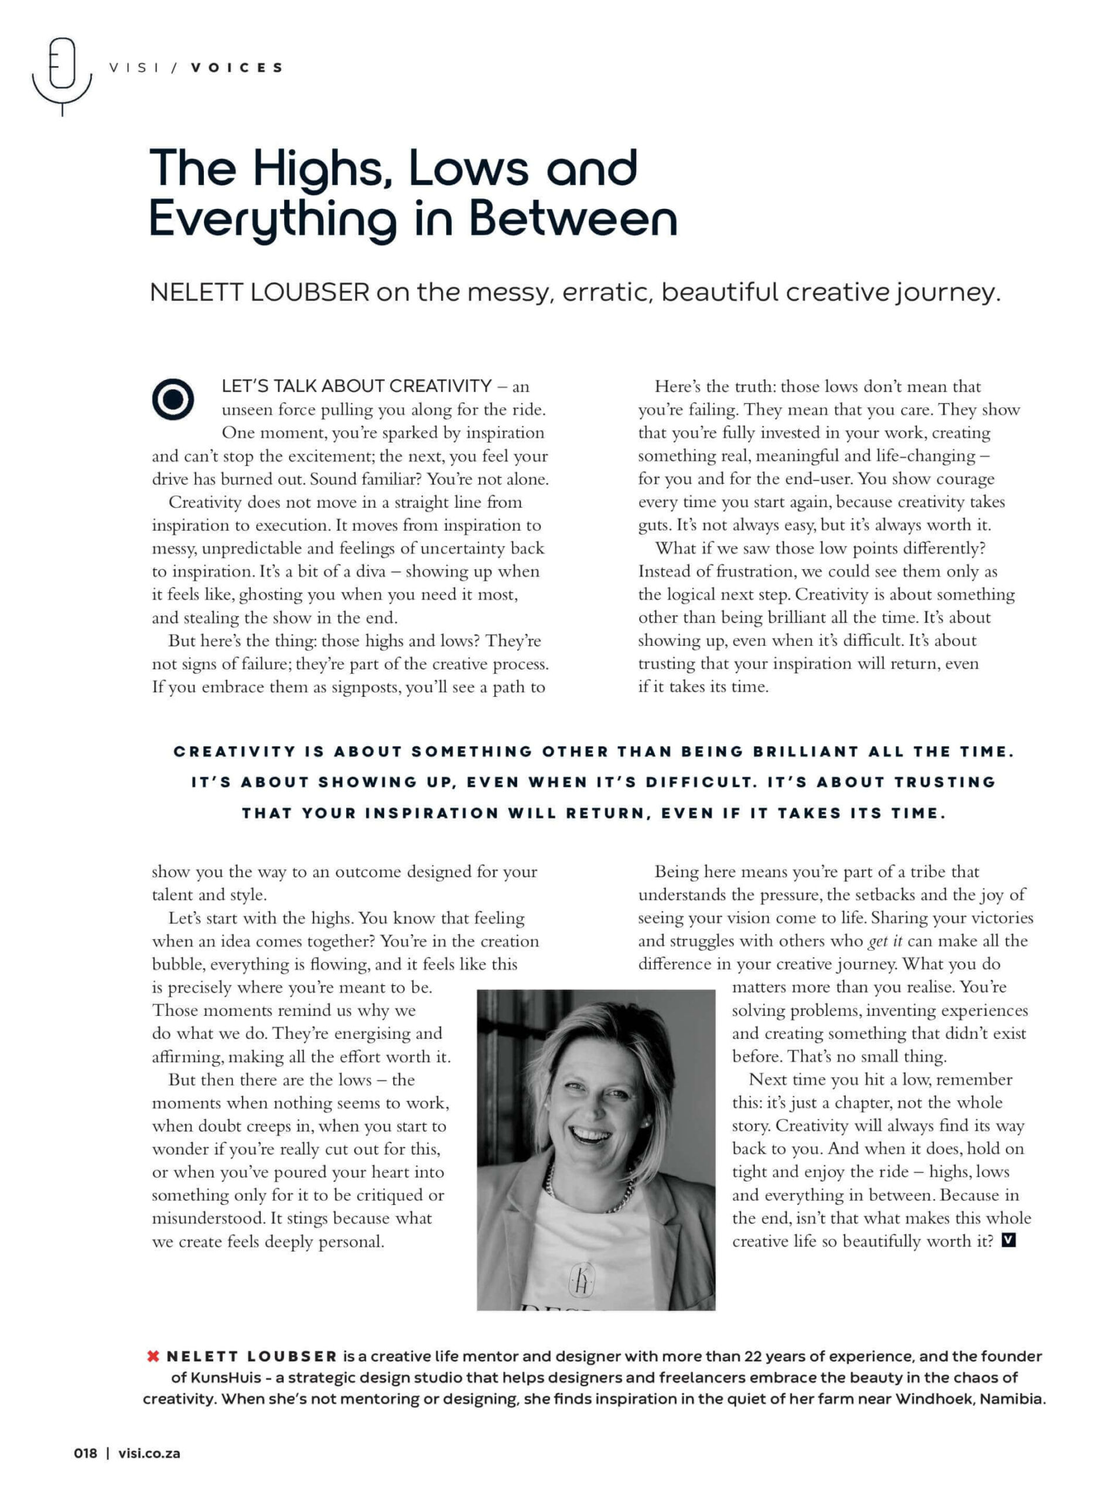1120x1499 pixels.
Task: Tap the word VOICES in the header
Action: (x=237, y=68)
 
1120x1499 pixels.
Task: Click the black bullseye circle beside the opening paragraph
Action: (x=173, y=399)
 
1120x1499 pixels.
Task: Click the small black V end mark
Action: (x=1009, y=1240)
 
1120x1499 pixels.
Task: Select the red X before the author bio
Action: (x=153, y=1356)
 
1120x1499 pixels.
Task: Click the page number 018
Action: (x=86, y=1453)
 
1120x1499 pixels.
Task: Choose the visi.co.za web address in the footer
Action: (x=149, y=1453)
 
